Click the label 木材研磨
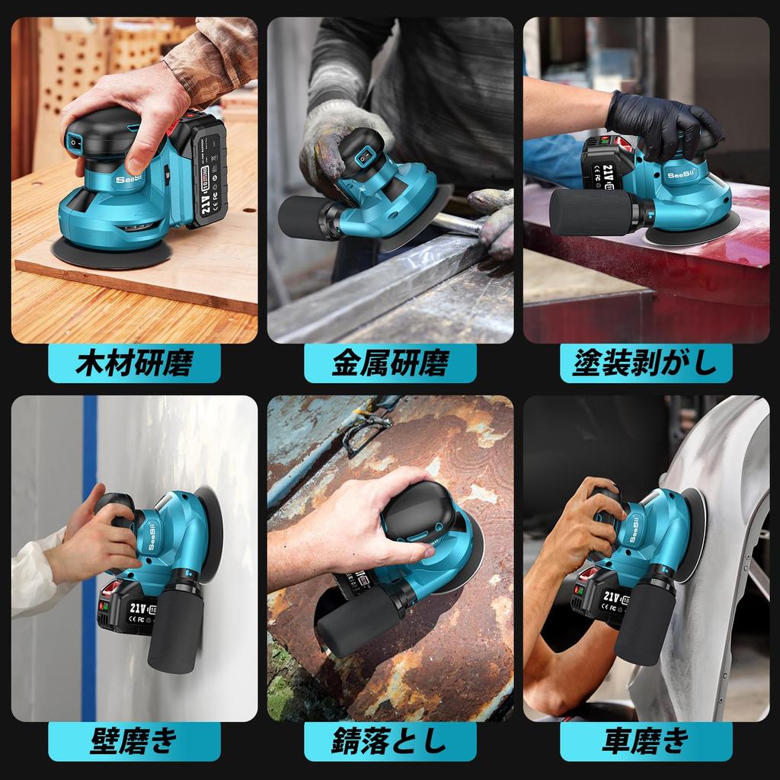(134, 363)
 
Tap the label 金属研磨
(390, 363)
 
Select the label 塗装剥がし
(645, 363)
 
